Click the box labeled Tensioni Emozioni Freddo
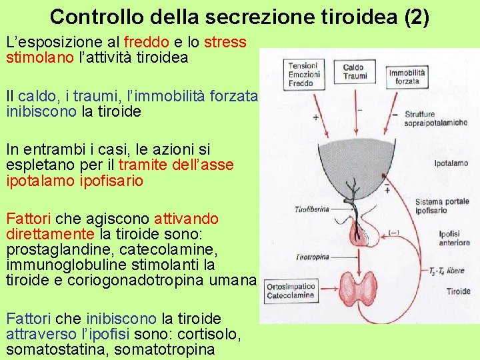pos(303,75)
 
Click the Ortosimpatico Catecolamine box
pos(291,290)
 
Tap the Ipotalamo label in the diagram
pos(451,163)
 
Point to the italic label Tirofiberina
pos(311,209)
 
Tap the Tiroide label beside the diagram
pos(457,291)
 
